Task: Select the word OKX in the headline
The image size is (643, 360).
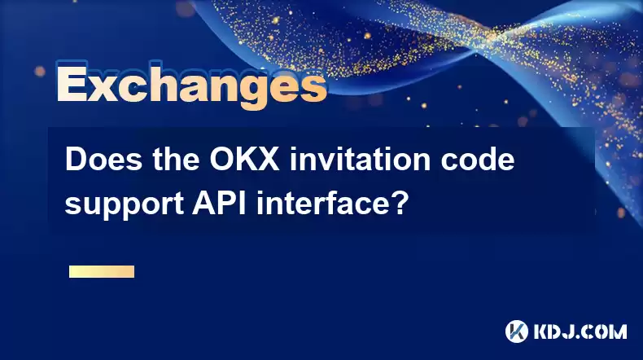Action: click(244, 160)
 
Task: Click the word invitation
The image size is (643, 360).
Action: click(360, 160)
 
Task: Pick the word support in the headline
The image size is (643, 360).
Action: click(124, 204)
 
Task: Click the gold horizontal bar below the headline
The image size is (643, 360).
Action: click(102, 272)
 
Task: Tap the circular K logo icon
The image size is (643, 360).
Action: click(517, 331)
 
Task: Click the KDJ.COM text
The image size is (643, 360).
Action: click(580, 332)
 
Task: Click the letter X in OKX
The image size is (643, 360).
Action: click(269, 160)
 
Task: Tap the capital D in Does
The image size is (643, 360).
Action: click(77, 160)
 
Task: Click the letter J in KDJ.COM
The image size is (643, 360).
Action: click(572, 332)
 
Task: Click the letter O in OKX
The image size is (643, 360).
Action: click(221, 160)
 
